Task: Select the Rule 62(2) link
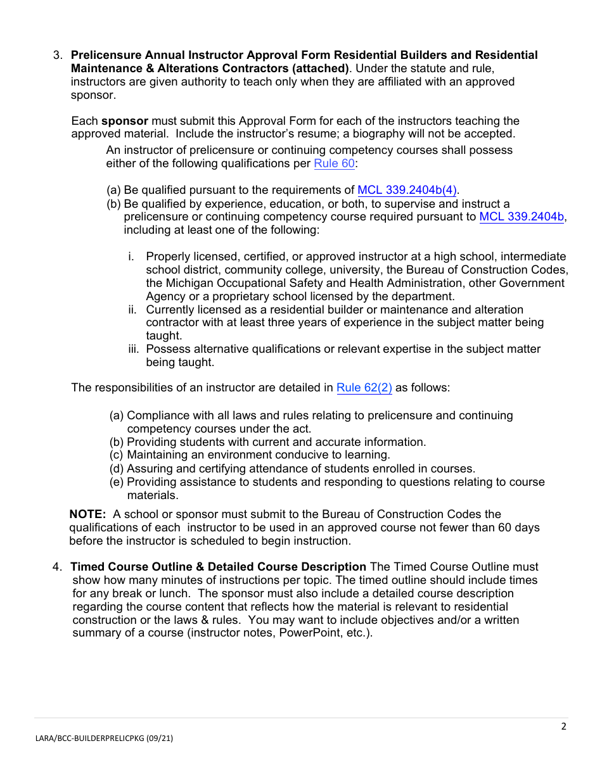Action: (364, 388)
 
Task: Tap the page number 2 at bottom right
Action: (563, 726)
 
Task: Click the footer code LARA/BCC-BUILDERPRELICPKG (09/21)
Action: (103, 738)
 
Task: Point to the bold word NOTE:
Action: (87, 514)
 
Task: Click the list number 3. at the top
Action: (57, 55)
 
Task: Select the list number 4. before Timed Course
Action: (57, 567)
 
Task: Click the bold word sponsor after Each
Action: (125, 121)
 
